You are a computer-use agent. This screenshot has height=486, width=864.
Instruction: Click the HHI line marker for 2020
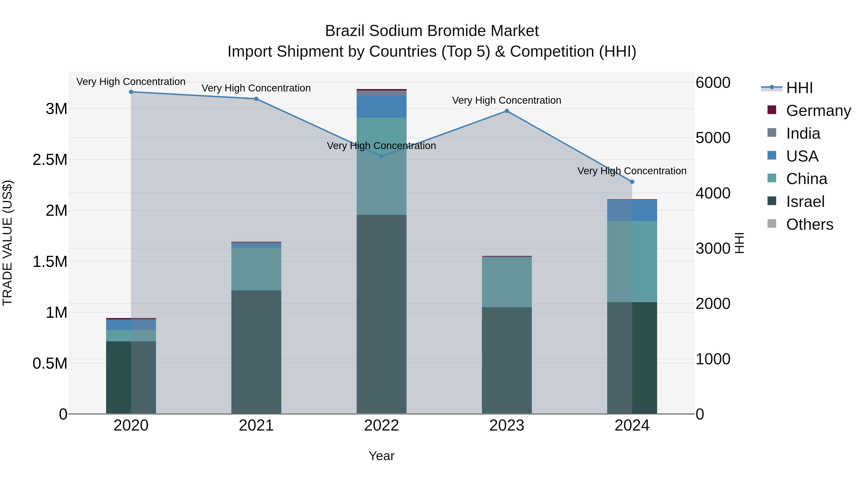click(131, 92)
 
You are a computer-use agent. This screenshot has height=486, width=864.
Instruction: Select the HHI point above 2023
click(507, 111)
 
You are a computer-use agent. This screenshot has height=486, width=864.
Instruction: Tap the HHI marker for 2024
click(632, 182)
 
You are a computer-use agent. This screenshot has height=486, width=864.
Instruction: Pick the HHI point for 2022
click(381, 156)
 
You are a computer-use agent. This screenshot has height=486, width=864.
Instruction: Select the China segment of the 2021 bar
click(256, 269)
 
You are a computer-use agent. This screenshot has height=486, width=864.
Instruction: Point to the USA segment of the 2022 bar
click(381, 106)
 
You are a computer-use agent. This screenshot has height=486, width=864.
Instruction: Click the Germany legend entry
click(818, 111)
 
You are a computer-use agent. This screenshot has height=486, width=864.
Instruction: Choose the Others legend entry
click(809, 224)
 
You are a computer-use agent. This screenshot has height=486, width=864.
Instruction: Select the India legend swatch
click(772, 133)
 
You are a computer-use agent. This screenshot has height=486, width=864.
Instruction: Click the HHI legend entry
click(799, 88)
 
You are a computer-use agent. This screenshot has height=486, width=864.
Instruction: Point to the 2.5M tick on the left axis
click(50, 160)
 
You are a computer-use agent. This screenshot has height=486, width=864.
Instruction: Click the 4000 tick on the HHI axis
click(713, 193)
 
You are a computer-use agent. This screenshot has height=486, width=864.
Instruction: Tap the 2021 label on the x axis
click(256, 426)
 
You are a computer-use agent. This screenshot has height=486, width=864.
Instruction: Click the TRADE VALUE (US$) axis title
click(7, 243)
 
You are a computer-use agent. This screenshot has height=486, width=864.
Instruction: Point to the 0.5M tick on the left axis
click(50, 364)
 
